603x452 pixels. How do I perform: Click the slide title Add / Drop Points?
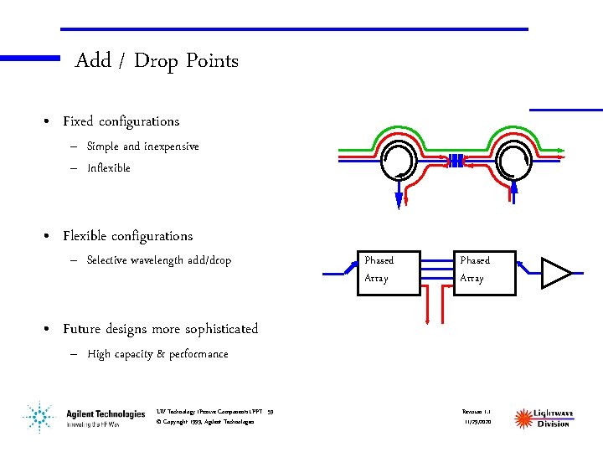point(157,61)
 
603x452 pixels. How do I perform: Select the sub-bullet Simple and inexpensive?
point(142,146)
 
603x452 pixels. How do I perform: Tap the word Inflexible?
point(109,168)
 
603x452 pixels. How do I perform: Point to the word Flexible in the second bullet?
point(90,236)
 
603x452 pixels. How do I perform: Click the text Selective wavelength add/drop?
point(158,260)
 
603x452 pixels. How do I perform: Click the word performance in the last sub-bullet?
point(198,354)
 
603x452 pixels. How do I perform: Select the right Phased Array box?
point(483,269)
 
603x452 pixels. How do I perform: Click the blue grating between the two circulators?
point(456,160)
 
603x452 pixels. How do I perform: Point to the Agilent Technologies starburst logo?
point(37,416)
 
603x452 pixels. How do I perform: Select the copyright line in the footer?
point(205,422)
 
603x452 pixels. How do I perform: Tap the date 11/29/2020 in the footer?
point(478,422)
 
